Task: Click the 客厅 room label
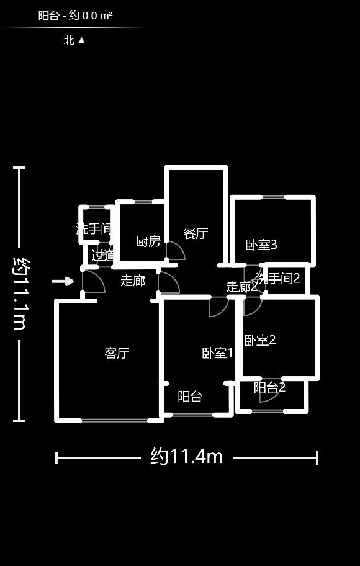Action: tap(117, 353)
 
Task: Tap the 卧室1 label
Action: tap(217, 353)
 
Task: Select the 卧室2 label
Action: tap(259, 340)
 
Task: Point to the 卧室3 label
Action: tap(261, 245)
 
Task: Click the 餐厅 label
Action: tap(196, 233)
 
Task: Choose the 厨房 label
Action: tap(148, 241)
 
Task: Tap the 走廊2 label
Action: tap(241, 287)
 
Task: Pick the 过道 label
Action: tap(103, 255)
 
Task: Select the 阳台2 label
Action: tap(269, 388)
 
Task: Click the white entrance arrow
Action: tap(62, 281)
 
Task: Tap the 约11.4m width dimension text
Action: tap(186, 457)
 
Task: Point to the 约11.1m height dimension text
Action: tap(19, 294)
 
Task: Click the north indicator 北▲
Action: tap(74, 40)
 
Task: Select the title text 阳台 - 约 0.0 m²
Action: tap(75, 16)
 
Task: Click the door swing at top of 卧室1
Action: tap(218, 307)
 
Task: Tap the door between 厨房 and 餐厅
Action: tap(174, 251)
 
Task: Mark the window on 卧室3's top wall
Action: tap(273, 197)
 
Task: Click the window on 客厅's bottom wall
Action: tap(114, 421)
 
